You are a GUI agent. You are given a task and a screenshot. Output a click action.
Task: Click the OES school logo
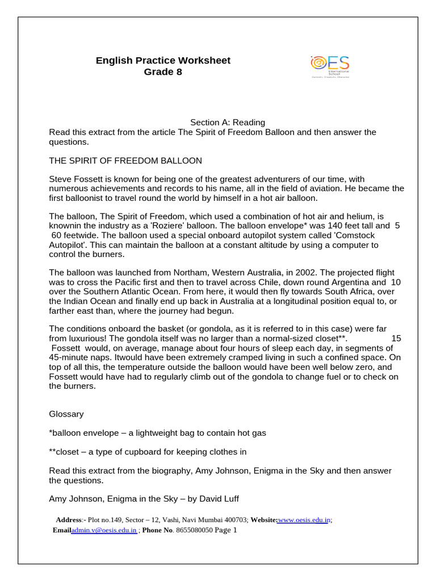tap(330, 66)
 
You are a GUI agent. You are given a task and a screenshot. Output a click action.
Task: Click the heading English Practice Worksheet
tap(163, 61)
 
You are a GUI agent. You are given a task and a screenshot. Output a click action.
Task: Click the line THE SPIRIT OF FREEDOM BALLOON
tap(125, 161)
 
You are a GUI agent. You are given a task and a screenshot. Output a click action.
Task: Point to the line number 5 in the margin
tap(397, 225)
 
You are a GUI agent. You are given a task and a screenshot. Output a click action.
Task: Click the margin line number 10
tap(396, 282)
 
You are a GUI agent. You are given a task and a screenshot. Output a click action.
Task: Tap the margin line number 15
tap(396, 338)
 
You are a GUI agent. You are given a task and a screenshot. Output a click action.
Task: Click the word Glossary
tap(66, 414)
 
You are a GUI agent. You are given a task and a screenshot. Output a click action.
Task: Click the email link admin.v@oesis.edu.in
tap(104, 531)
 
